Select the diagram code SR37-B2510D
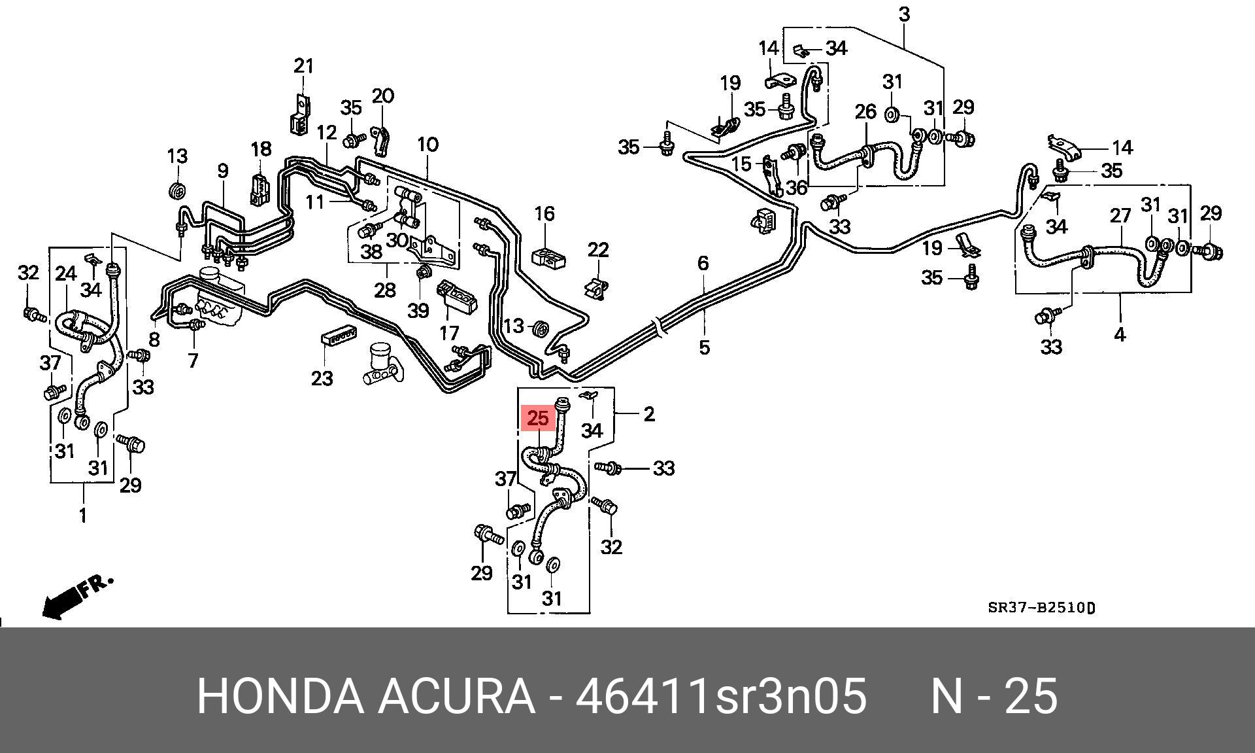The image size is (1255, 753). [x=1041, y=608]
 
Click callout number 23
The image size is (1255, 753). [x=322, y=378]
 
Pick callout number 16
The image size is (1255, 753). [x=544, y=214]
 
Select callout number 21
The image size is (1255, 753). [x=303, y=66]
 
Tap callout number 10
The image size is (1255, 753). [x=427, y=145]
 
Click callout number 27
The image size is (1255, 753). [x=1120, y=216]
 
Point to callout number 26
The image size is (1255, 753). [x=865, y=112]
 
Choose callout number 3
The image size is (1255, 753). [x=904, y=14]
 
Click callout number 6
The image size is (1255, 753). [x=703, y=263]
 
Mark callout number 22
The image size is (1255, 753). [x=598, y=250]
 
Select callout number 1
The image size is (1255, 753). [x=83, y=516]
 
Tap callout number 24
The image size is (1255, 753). [x=66, y=273]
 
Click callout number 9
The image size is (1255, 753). [x=223, y=171]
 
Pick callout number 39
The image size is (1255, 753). [x=418, y=310]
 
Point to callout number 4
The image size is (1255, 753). [x=1120, y=335]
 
